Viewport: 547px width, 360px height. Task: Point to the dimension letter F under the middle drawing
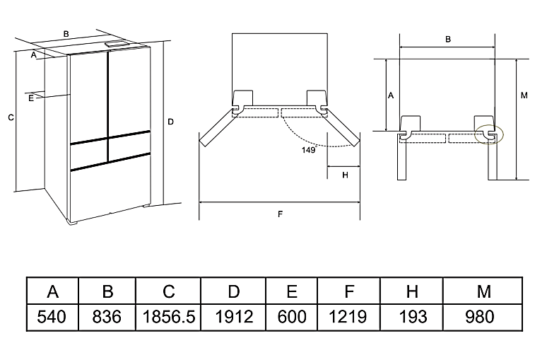(281, 214)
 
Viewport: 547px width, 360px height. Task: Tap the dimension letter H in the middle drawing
(345, 175)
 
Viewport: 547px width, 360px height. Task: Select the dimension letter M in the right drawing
(524, 95)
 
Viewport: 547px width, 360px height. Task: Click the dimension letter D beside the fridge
(171, 122)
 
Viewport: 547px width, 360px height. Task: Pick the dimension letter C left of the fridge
(10, 118)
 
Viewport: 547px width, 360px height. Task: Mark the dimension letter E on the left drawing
(31, 98)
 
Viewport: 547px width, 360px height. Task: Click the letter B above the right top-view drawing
(448, 40)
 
